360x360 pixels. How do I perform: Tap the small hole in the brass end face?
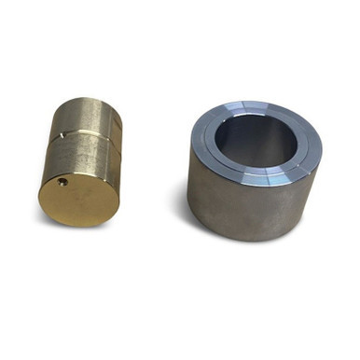[x=62, y=182]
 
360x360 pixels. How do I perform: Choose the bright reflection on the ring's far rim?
[x=252, y=104]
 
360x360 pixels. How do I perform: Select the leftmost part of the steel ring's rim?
[x=195, y=140]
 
